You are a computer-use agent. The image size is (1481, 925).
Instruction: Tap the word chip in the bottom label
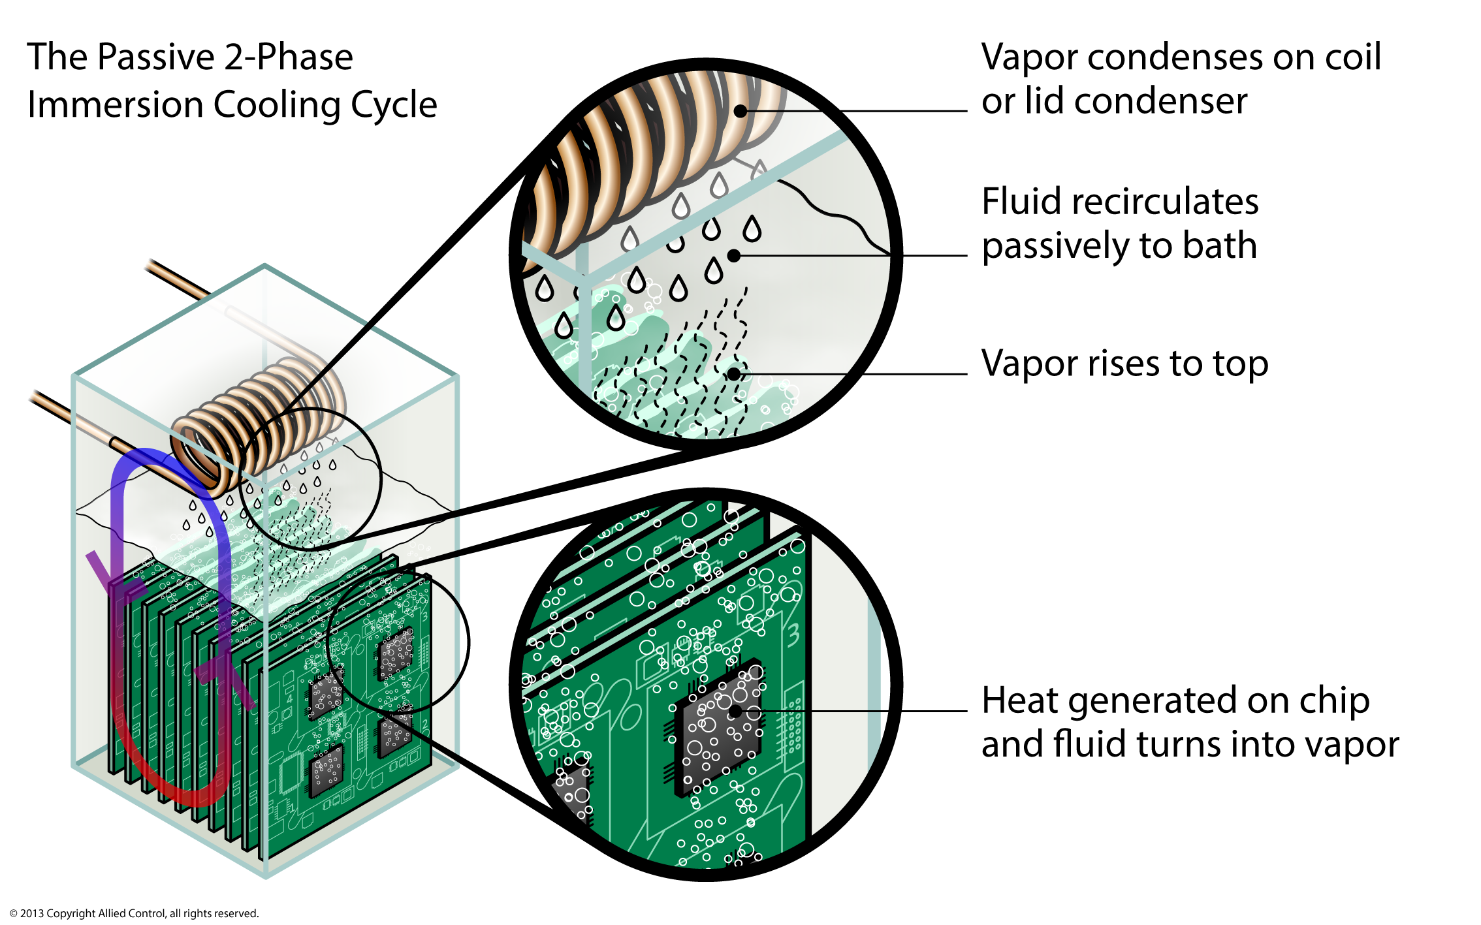tap(1333, 700)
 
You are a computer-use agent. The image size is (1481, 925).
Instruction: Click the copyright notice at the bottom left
tap(135, 913)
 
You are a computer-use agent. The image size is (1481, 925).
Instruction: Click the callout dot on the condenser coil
tap(740, 111)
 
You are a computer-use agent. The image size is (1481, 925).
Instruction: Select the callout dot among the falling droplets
tap(733, 256)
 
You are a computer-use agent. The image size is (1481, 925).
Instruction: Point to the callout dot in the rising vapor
tap(734, 374)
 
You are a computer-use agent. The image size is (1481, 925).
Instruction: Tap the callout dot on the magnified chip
tap(735, 712)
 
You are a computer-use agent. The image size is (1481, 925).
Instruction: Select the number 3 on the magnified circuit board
tap(793, 635)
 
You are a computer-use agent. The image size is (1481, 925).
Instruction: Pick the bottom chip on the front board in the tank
tap(325, 772)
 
